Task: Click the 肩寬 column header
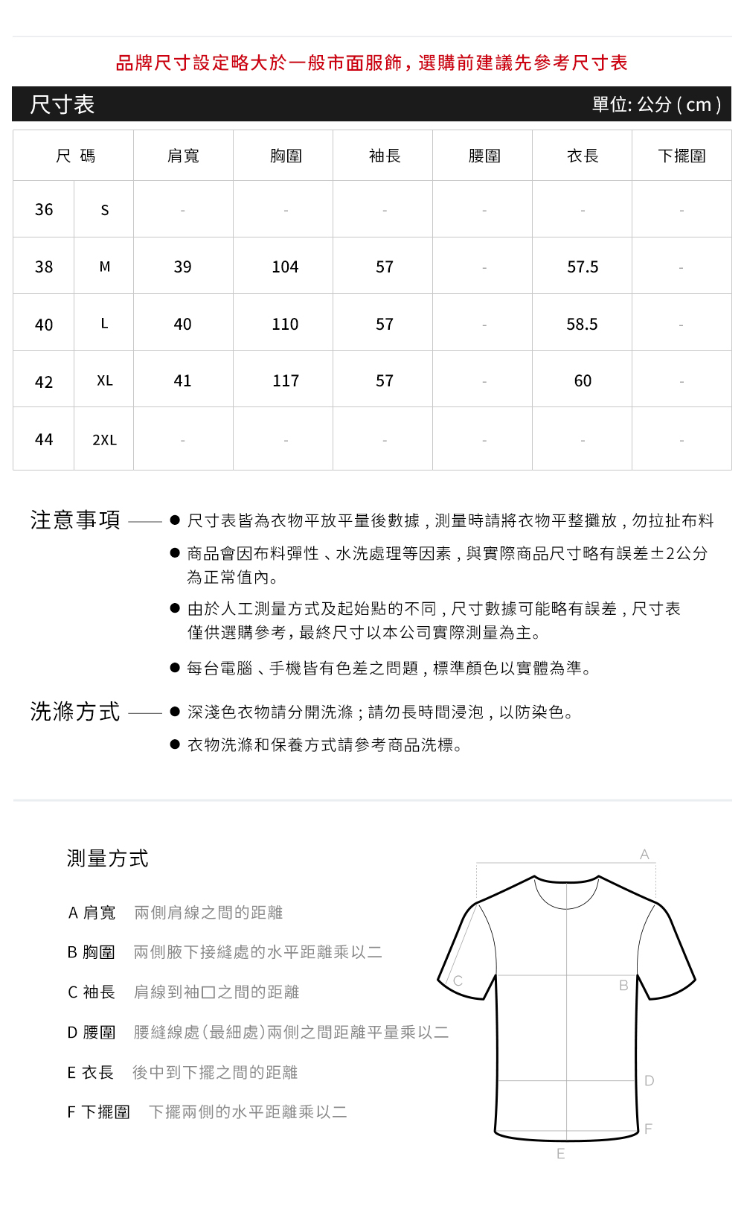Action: click(x=183, y=156)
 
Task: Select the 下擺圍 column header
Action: click(x=682, y=156)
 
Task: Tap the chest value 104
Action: click(x=285, y=267)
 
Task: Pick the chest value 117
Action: click(x=286, y=380)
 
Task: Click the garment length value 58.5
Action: click(x=582, y=324)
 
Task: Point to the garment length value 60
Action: click(x=583, y=380)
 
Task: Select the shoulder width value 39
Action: click(x=182, y=267)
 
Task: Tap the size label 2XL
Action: click(x=104, y=440)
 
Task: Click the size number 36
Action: click(x=44, y=210)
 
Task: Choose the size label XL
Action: click(x=104, y=380)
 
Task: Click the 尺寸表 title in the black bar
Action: click(x=62, y=104)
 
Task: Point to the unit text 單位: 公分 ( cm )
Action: click(x=656, y=104)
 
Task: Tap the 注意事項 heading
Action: click(x=75, y=520)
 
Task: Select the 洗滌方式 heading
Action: click(x=75, y=712)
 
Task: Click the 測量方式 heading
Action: click(x=108, y=858)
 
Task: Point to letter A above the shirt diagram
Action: click(x=644, y=855)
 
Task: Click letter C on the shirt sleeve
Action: click(x=458, y=980)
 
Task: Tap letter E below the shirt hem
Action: click(x=560, y=1154)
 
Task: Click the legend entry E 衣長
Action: click(x=91, y=1072)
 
